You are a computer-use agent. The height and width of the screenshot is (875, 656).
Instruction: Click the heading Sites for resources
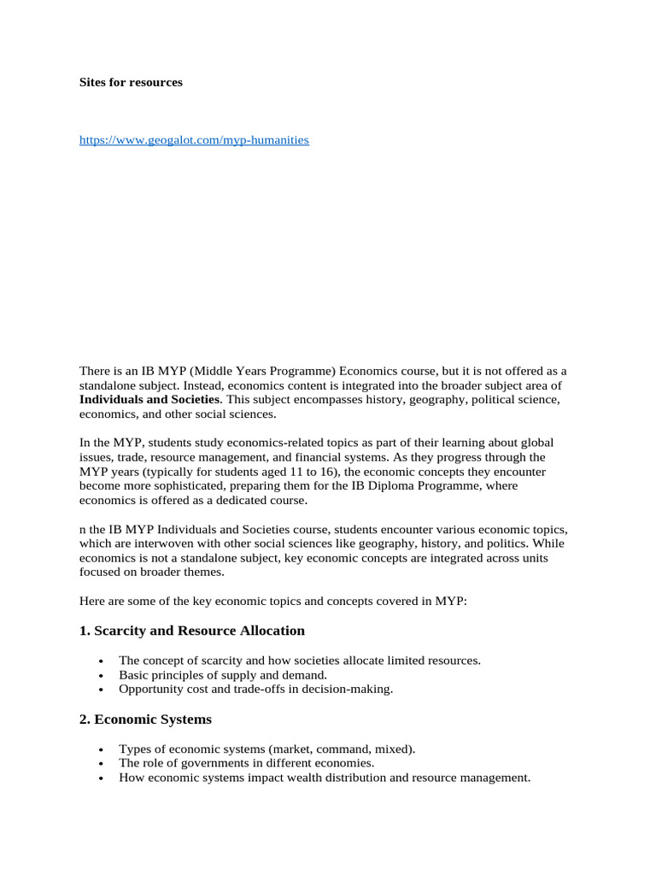131,83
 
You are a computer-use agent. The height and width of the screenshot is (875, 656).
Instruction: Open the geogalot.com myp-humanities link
194,139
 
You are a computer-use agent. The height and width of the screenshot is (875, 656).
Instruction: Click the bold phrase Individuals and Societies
150,399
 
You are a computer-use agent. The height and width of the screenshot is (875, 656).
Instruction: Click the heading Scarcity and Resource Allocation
199,631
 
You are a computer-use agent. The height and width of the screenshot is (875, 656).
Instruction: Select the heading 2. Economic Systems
145,719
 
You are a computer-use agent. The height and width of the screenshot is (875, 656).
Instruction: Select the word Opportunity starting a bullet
148,689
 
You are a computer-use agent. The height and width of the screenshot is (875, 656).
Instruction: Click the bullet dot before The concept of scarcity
102,661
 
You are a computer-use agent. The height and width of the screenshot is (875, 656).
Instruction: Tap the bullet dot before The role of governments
102,764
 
